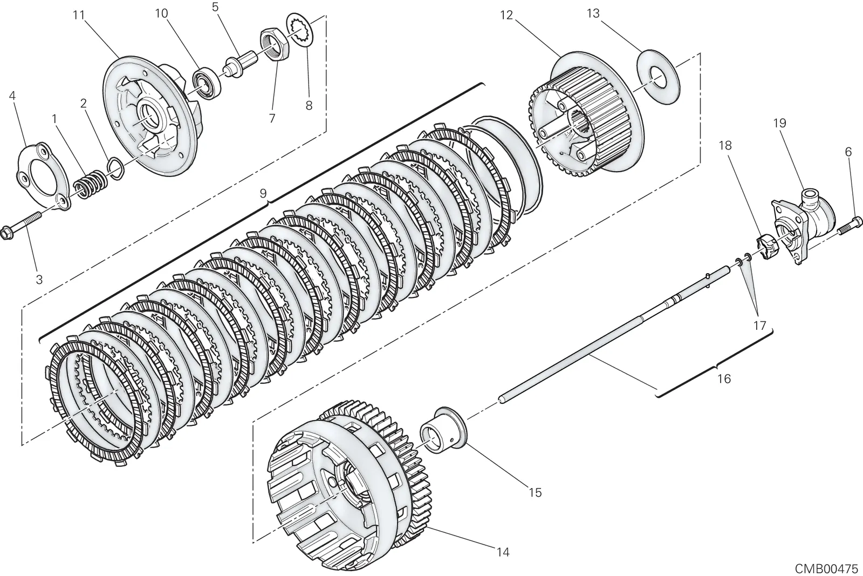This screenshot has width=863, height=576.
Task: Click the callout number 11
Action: pyautogui.click(x=79, y=16)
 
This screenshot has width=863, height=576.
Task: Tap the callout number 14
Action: pyautogui.click(x=503, y=552)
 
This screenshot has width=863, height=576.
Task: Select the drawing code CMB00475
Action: pyautogui.click(x=827, y=568)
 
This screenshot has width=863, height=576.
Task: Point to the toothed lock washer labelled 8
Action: pyautogui.click(x=300, y=31)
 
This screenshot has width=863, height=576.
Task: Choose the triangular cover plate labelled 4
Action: pyautogui.click(x=43, y=177)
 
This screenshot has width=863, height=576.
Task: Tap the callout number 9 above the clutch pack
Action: pyautogui.click(x=263, y=193)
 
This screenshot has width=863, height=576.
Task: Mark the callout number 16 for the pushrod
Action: pyautogui.click(x=724, y=378)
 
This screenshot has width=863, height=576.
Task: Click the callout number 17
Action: pyautogui.click(x=759, y=326)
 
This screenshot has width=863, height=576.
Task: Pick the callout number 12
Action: pyautogui.click(x=506, y=16)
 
